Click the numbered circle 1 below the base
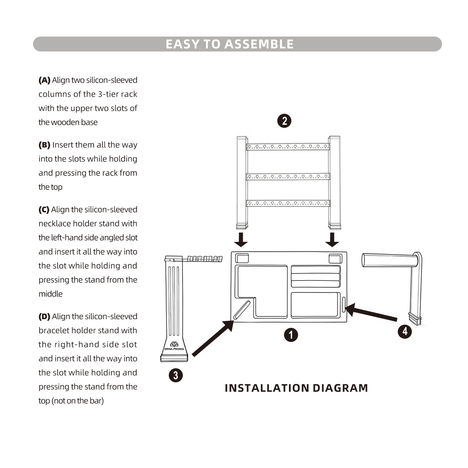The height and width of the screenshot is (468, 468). (x=291, y=335)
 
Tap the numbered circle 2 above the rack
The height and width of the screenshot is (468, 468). (x=284, y=121)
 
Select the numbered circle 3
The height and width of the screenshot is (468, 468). (x=176, y=375)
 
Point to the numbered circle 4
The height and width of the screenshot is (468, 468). (x=405, y=331)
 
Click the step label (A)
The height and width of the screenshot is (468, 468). (x=44, y=80)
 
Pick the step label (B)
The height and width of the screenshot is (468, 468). (x=44, y=145)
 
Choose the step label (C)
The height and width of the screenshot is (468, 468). (x=44, y=210)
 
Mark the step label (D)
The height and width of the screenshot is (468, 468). (x=44, y=316)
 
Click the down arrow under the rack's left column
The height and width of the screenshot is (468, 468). (x=241, y=239)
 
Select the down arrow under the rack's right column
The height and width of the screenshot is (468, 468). (x=332, y=239)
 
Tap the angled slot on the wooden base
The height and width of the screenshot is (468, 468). (x=242, y=310)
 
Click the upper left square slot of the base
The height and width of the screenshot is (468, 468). (x=242, y=258)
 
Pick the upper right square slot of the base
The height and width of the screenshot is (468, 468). (x=335, y=258)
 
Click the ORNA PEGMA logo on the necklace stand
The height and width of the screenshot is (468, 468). (x=174, y=346)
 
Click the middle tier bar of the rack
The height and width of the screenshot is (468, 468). (x=288, y=177)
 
